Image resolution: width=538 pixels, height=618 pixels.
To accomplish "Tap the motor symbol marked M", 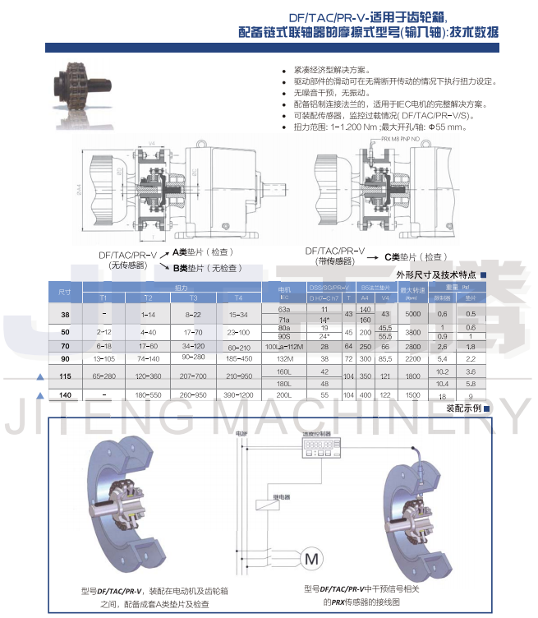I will (x=311, y=559).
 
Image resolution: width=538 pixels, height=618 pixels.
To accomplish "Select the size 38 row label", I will (x=65, y=315).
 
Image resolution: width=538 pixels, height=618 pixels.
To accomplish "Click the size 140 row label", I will (x=65, y=395).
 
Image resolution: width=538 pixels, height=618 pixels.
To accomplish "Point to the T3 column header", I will (x=192, y=297).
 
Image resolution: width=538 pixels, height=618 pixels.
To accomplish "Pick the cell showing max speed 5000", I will (x=412, y=314).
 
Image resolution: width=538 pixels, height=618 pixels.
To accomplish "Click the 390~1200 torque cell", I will (x=238, y=395).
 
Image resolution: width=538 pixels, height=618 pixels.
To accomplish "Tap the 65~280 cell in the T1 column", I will (x=103, y=376).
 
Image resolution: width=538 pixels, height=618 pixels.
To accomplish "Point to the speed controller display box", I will (x=316, y=448).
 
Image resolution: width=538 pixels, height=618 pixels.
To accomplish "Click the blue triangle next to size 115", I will (x=39, y=376).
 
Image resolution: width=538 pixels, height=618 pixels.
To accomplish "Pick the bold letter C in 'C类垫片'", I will (x=388, y=256).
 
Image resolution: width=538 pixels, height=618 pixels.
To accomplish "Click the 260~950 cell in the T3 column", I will (x=192, y=395).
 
